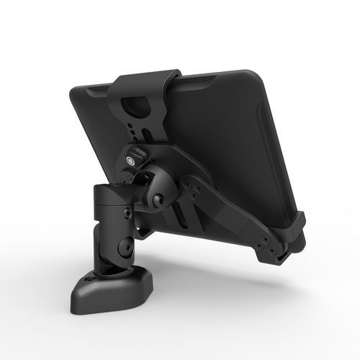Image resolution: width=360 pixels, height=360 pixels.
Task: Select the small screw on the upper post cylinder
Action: tap(127, 213)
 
